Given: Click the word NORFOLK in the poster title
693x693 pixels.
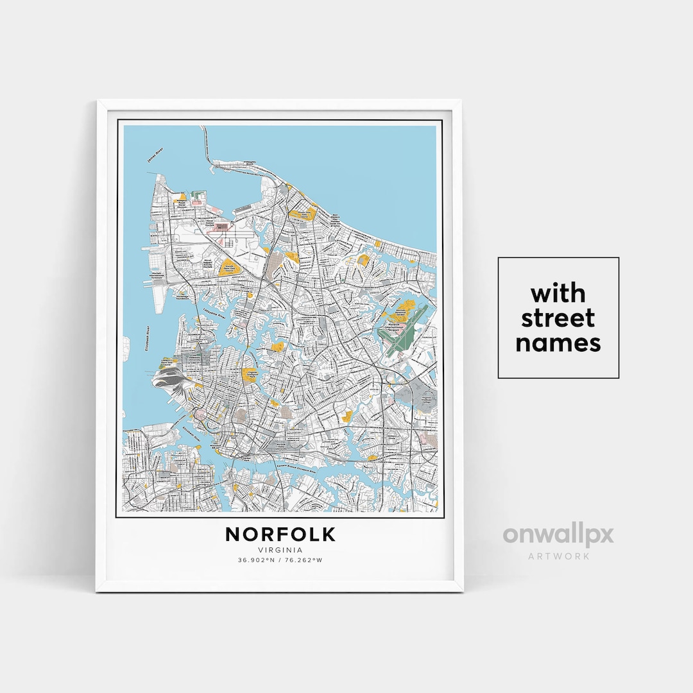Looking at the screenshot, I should pos(280,534).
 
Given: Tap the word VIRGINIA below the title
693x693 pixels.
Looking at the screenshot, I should pos(280,549).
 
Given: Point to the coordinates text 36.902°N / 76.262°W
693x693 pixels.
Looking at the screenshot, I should pos(280,560).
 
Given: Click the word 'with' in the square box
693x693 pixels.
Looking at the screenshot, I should pos(558,294).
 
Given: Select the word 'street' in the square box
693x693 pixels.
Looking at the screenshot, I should pos(558,318).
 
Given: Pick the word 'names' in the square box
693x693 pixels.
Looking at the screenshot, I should pos(558,343).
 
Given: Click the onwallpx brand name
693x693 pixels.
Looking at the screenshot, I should pos(558,535).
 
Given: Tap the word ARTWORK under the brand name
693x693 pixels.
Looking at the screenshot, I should pos(558,556).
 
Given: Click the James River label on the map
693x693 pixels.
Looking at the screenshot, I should pos(153,156).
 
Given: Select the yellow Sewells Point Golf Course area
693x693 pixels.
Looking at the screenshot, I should pos(228,268).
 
